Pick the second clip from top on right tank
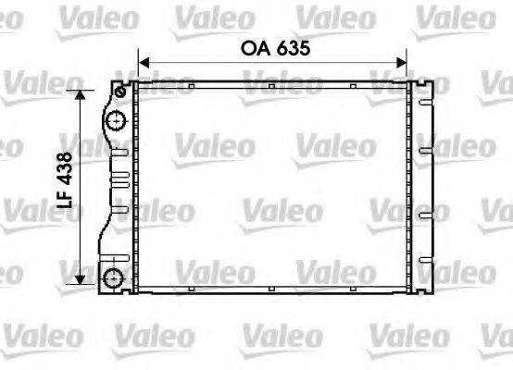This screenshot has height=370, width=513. pyautogui.click(x=425, y=151)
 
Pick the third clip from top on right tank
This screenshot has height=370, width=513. pyautogui.click(x=425, y=216)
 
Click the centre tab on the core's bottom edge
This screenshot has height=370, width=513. pyautogui.click(x=269, y=288)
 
